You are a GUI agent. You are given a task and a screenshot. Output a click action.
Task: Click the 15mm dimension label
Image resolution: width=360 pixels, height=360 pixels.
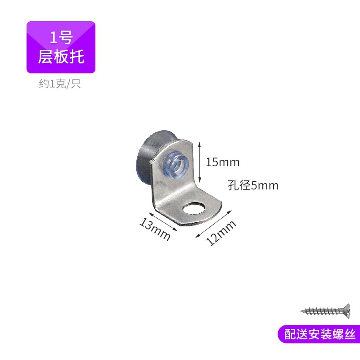(223, 162)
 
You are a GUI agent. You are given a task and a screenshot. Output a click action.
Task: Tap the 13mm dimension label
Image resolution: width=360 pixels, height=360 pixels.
(155, 229)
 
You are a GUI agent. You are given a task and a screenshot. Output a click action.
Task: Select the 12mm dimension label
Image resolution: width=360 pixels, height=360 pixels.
(221, 234)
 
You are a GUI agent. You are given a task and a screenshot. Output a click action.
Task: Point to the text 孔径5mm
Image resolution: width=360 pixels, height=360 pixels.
(253, 185)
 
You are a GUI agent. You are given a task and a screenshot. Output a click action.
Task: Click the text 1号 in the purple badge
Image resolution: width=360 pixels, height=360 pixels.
(61, 37)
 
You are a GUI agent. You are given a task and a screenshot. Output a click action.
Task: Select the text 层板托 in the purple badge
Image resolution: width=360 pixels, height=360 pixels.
(61, 57)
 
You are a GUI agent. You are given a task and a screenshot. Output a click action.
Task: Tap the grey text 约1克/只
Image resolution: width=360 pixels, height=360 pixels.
(60, 84)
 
